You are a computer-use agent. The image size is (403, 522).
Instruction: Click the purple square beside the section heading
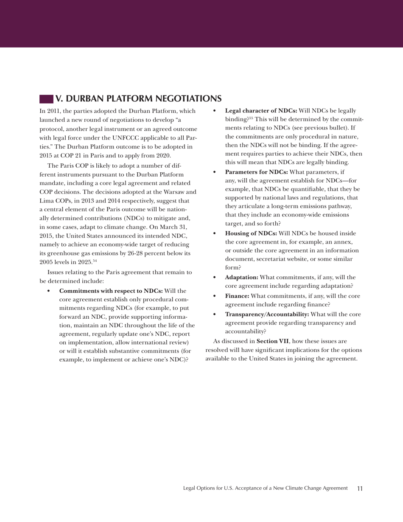[x=46, y=99]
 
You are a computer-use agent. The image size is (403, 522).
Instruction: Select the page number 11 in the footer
[x=360, y=488]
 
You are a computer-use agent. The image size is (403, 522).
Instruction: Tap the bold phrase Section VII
[x=273, y=341]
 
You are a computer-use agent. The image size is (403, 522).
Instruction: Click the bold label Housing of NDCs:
[x=251, y=233]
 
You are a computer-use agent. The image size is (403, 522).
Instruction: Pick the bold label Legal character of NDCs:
[x=261, y=111]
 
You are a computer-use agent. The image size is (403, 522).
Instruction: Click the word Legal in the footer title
[x=190, y=488]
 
